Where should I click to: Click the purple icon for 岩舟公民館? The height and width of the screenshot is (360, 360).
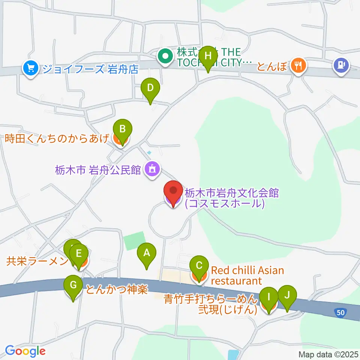[x=152, y=169]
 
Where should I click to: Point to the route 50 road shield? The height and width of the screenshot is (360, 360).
[x=340, y=312]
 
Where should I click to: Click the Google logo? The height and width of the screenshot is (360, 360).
[x=25, y=351]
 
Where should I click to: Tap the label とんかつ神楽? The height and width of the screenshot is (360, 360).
[x=116, y=289]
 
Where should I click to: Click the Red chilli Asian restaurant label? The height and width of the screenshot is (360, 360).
[x=247, y=275]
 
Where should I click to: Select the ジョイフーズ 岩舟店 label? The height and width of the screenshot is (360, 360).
[x=90, y=69]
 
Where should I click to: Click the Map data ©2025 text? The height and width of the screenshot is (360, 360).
[x=328, y=354]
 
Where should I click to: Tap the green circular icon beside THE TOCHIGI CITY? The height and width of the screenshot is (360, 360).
[x=165, y=57]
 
